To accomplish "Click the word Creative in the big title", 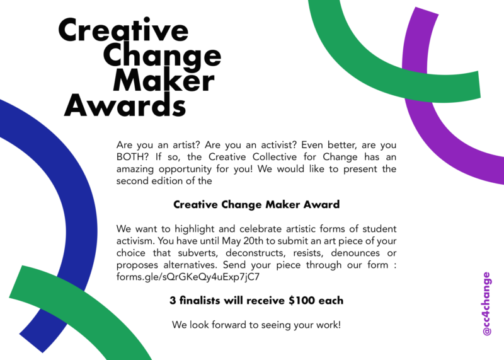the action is point(123,30).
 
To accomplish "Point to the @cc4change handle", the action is point(487,304).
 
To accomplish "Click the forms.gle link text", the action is point(188,277).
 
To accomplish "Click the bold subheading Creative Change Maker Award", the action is point(256,204).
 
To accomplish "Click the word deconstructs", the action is point(255,253).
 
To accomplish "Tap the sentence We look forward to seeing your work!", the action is point(256,325).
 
